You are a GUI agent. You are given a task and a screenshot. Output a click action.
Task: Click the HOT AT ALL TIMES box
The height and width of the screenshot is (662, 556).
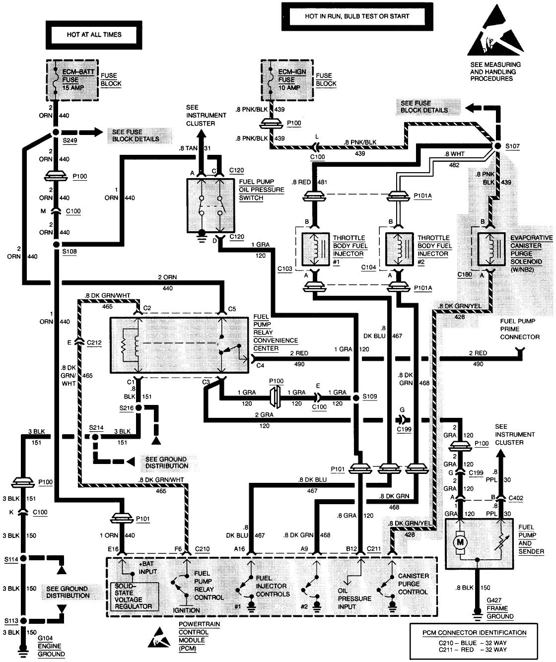[x=94, y=35]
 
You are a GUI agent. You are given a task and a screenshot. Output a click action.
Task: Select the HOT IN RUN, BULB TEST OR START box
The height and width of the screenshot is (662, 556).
[x=357, y=16]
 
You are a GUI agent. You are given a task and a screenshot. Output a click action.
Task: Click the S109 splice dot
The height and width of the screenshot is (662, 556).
[x=356, y=397]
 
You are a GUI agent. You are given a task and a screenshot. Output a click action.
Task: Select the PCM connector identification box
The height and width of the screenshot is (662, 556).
[x=474, y=641]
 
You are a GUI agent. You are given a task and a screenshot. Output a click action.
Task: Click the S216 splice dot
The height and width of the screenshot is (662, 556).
[x=139, y=407]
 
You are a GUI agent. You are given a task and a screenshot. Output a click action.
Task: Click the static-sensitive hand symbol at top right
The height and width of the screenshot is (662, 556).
[x=495, y=31]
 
